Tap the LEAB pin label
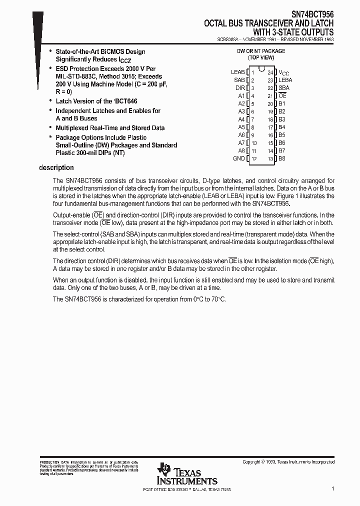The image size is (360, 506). tap(237, 72)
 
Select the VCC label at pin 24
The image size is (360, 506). tap(283, 72)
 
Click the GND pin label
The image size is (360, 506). tap(239, 158)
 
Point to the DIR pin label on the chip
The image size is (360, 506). tap(240, 88)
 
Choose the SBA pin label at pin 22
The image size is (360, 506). tap(283, 88)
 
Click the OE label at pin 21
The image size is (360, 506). tap(282, 95)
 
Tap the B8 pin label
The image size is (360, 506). tap(282, 158)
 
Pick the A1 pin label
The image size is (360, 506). tap(241, 95)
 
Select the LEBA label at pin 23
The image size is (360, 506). tap(285, 80)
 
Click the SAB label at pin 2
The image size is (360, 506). tap(239, 80)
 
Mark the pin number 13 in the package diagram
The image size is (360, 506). tap(270, 159)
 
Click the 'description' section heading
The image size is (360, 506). tap(56, 168)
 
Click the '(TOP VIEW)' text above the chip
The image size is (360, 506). tap(261, 57)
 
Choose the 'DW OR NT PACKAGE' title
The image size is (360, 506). tap(261, 51)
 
